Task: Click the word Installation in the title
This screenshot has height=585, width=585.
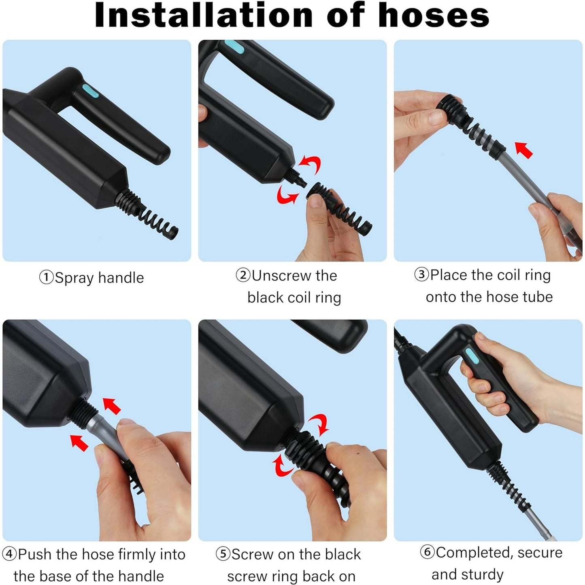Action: (204, 15)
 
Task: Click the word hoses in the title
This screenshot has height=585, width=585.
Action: (434, 15)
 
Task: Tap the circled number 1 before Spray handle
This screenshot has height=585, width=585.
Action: (47, 277)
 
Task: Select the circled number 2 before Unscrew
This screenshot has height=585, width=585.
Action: (243, 275)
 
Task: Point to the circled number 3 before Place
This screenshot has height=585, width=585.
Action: (422, 275)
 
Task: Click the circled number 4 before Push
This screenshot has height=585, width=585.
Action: (9, 554)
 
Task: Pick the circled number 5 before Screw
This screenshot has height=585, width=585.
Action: (223, 554)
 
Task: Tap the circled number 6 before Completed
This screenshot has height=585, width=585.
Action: (428, 552)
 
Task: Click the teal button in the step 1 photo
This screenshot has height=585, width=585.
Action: (90, 90)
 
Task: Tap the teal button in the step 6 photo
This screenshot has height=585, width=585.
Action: (472, 355)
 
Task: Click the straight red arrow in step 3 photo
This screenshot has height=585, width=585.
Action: (524, 150)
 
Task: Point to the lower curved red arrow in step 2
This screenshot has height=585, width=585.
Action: (287, 195)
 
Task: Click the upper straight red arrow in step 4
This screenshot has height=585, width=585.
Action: (112, 406)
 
